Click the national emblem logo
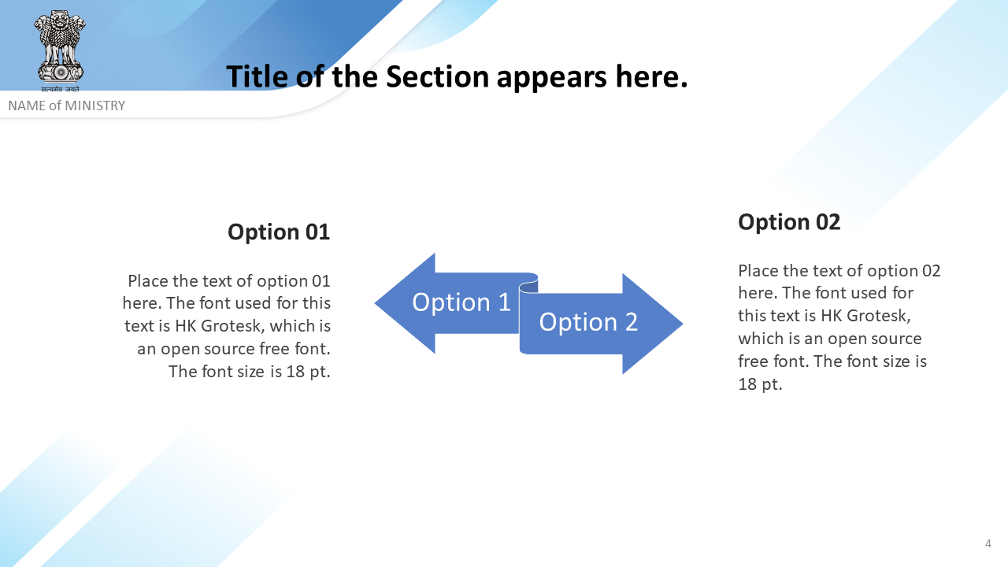[x=59, y=50]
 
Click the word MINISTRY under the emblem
[x=95, y=106]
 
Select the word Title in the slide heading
[x=257, y=76]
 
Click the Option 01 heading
[x=279, y=232]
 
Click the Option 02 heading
[x=789, y=222]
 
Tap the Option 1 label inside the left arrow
[x=461, y=302]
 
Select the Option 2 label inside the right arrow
[x=588, y=322]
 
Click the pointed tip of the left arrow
[x=376, y=303]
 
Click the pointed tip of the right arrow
[x=683, y=323]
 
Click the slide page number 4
[x=988, y=543]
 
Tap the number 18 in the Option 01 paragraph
[x=296, y=372]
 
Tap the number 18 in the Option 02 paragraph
[x=747, y=384]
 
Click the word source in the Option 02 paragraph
[x=896, y=339]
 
